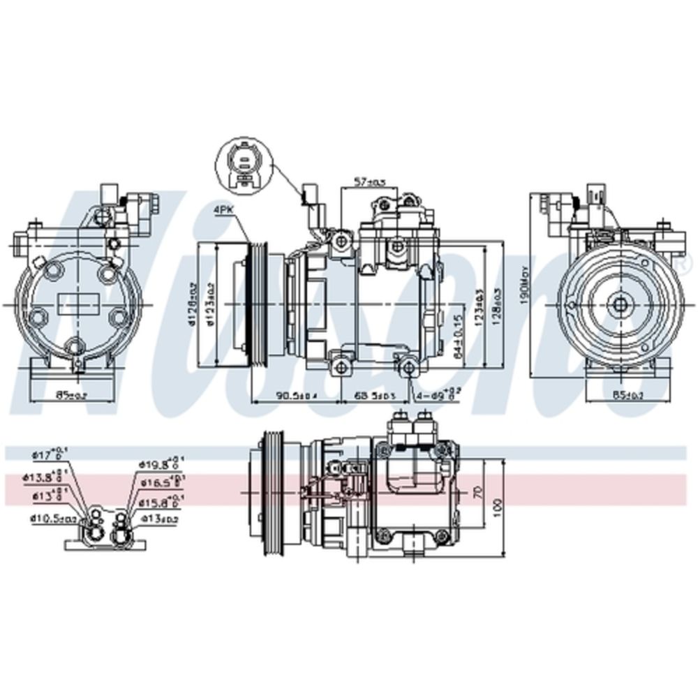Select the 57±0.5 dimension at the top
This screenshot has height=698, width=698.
pyautogui.click(x=369, y=181)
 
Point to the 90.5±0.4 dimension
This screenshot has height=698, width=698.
pyautogui.click(x=296, y=396)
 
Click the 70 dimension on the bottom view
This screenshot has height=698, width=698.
pyautogui.click(x=477, y=491)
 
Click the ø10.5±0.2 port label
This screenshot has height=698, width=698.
pyautogui.click(x=53, y=518)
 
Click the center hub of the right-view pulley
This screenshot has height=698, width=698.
pyautogui.click(x=619, y=304)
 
